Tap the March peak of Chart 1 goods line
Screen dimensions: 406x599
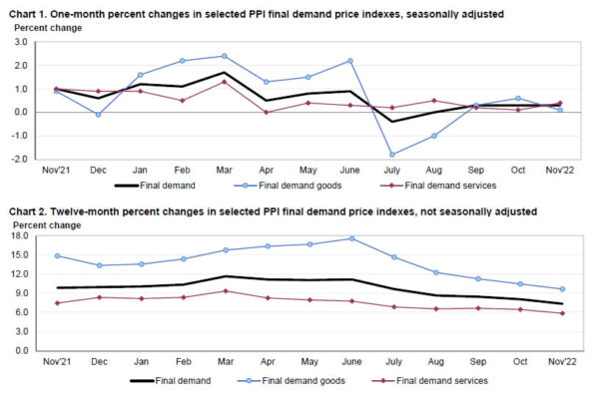(224, 56)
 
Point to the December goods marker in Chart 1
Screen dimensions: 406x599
(98, 115)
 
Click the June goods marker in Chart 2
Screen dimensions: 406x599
(350, 238)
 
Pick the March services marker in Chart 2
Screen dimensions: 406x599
(224, 291)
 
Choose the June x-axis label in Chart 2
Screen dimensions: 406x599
(350, 360)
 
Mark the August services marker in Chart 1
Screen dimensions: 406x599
(433, 101)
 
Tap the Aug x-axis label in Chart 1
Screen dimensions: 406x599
(433, 169)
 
